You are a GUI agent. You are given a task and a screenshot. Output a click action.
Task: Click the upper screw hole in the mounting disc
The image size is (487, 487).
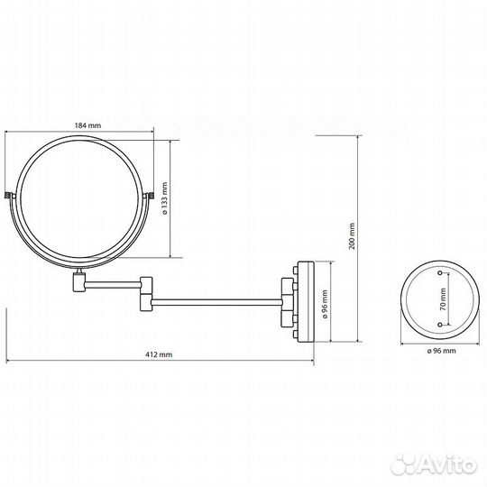[x=440, y=271]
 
